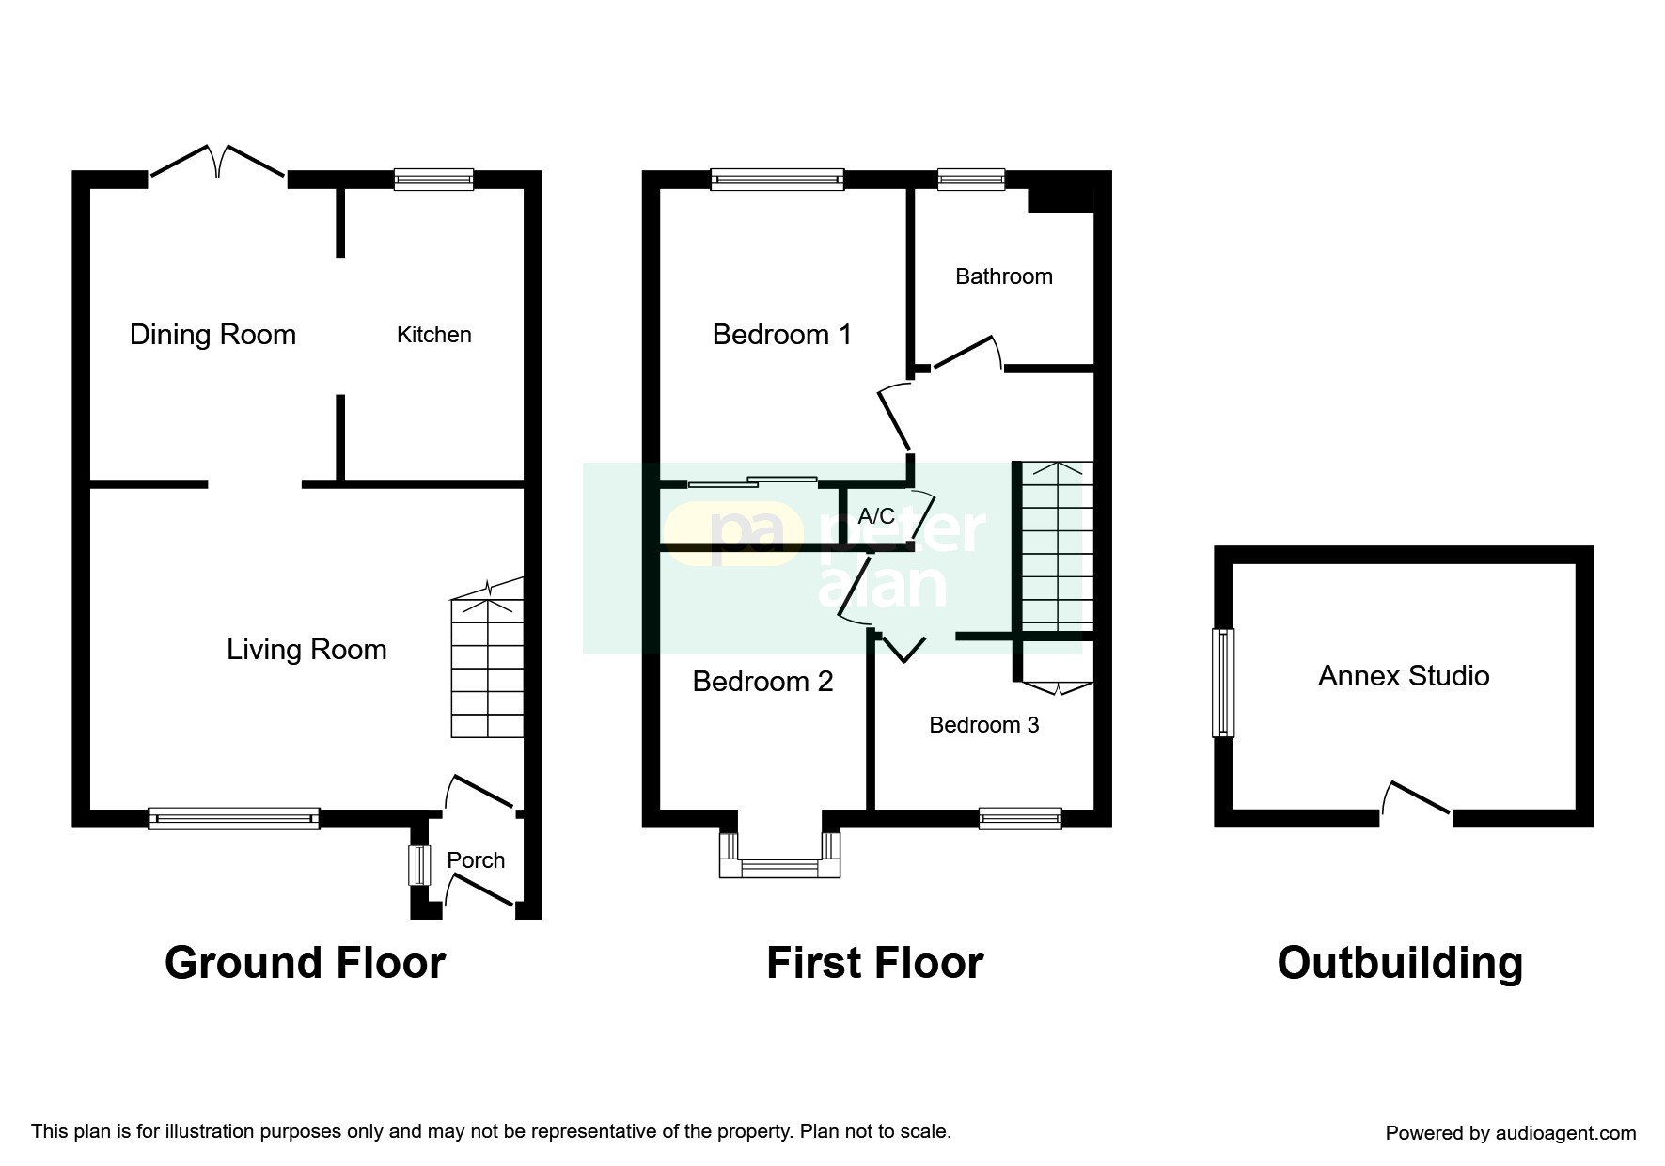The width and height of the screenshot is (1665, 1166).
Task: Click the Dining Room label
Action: coord(212,335)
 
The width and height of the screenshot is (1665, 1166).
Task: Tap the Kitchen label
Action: coord(433,335)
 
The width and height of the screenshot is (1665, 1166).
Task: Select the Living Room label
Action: coord(306,650)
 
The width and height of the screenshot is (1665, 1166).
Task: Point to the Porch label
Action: coord(476,860)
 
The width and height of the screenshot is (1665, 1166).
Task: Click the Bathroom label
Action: coord(1004,276)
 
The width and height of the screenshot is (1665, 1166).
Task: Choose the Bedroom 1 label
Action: coord(782,335)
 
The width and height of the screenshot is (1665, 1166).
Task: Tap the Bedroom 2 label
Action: coord(762,682)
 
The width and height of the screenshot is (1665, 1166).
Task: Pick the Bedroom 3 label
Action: coord(984,725)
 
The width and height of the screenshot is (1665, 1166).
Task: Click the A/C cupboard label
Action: coord(876,516)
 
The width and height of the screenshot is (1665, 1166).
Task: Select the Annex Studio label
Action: coord(1404,676)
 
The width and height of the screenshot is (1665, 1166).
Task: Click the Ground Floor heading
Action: coord(305,963)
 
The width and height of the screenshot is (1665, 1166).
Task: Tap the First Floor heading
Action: coord(875,963)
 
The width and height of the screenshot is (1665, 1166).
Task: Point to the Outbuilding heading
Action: coord(1400,963)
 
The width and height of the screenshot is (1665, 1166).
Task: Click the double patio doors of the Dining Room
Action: coord(218,162)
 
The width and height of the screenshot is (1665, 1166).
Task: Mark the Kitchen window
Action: coord(433,180)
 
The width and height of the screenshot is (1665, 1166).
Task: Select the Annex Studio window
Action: coord(1223,683)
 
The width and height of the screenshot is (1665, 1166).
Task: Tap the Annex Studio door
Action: coord(1416,798)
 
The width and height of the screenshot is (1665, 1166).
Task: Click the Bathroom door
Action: coord(968,353)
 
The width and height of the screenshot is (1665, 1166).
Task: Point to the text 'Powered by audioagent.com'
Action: coord(1511,1133)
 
